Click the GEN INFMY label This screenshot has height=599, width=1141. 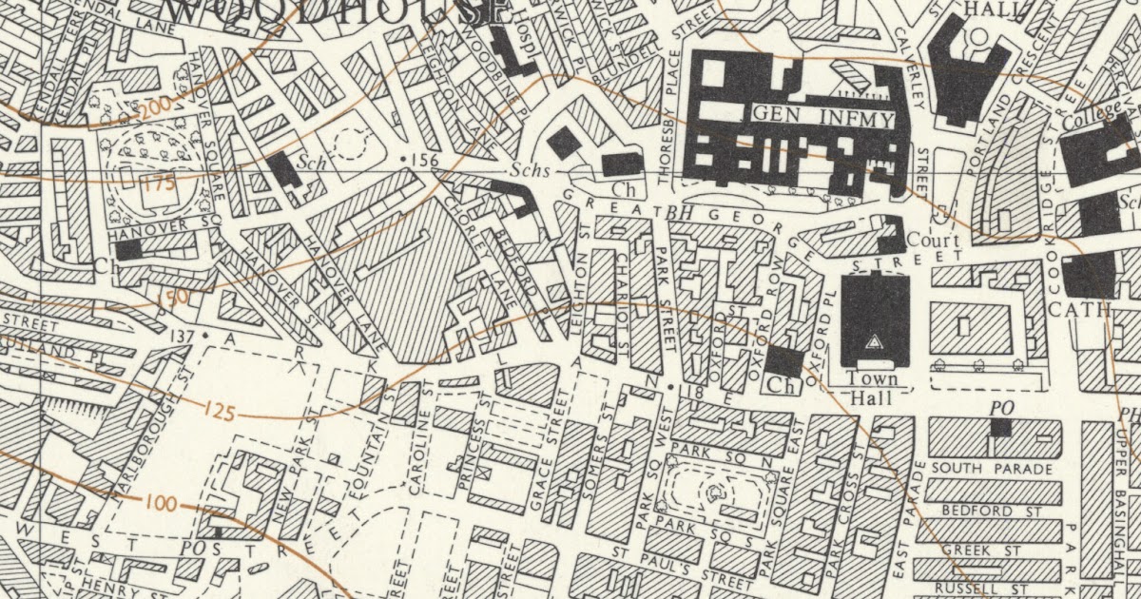(x=823, y=119)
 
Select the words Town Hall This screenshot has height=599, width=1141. (x=872, y=388)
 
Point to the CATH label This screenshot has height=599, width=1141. (x=1079, y=309)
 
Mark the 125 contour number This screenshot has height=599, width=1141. (x=219, y=411)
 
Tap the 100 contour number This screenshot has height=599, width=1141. (x=162, y=503)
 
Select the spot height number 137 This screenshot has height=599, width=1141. (x=185, y=336)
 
